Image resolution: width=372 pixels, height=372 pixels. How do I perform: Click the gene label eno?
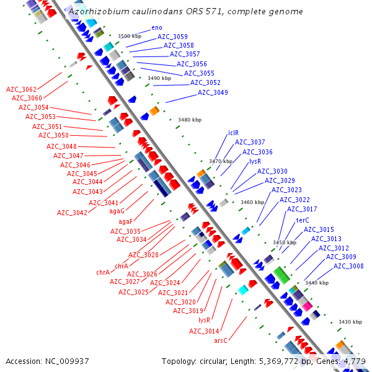[157, 28]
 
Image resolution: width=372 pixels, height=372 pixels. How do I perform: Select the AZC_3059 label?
[172, 37]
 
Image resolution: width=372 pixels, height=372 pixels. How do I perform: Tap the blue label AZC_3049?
[213, 93]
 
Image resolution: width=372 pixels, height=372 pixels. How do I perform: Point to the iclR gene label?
[233, 133]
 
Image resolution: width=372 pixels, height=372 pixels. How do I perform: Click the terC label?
[303, 220]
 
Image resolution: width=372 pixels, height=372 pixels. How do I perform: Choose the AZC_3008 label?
[348, 267]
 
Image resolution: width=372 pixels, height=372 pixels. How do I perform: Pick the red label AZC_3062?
[21, 89]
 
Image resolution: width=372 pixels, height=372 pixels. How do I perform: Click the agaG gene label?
[117, 211]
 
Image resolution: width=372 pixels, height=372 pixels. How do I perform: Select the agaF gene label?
[125, 221]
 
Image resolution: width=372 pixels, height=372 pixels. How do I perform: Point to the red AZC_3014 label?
[204, 331]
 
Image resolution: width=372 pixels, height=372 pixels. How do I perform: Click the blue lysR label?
[255, 161]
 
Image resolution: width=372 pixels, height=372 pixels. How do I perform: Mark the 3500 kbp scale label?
[130, 37]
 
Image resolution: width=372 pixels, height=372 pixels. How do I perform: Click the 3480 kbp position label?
[189, 120]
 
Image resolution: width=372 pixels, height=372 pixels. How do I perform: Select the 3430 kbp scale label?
[350, 322]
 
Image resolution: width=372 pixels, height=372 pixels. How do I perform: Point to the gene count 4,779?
[355, 361]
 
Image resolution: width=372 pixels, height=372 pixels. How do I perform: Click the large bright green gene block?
[282, 275]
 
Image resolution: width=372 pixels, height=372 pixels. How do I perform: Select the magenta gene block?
[306, 306]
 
